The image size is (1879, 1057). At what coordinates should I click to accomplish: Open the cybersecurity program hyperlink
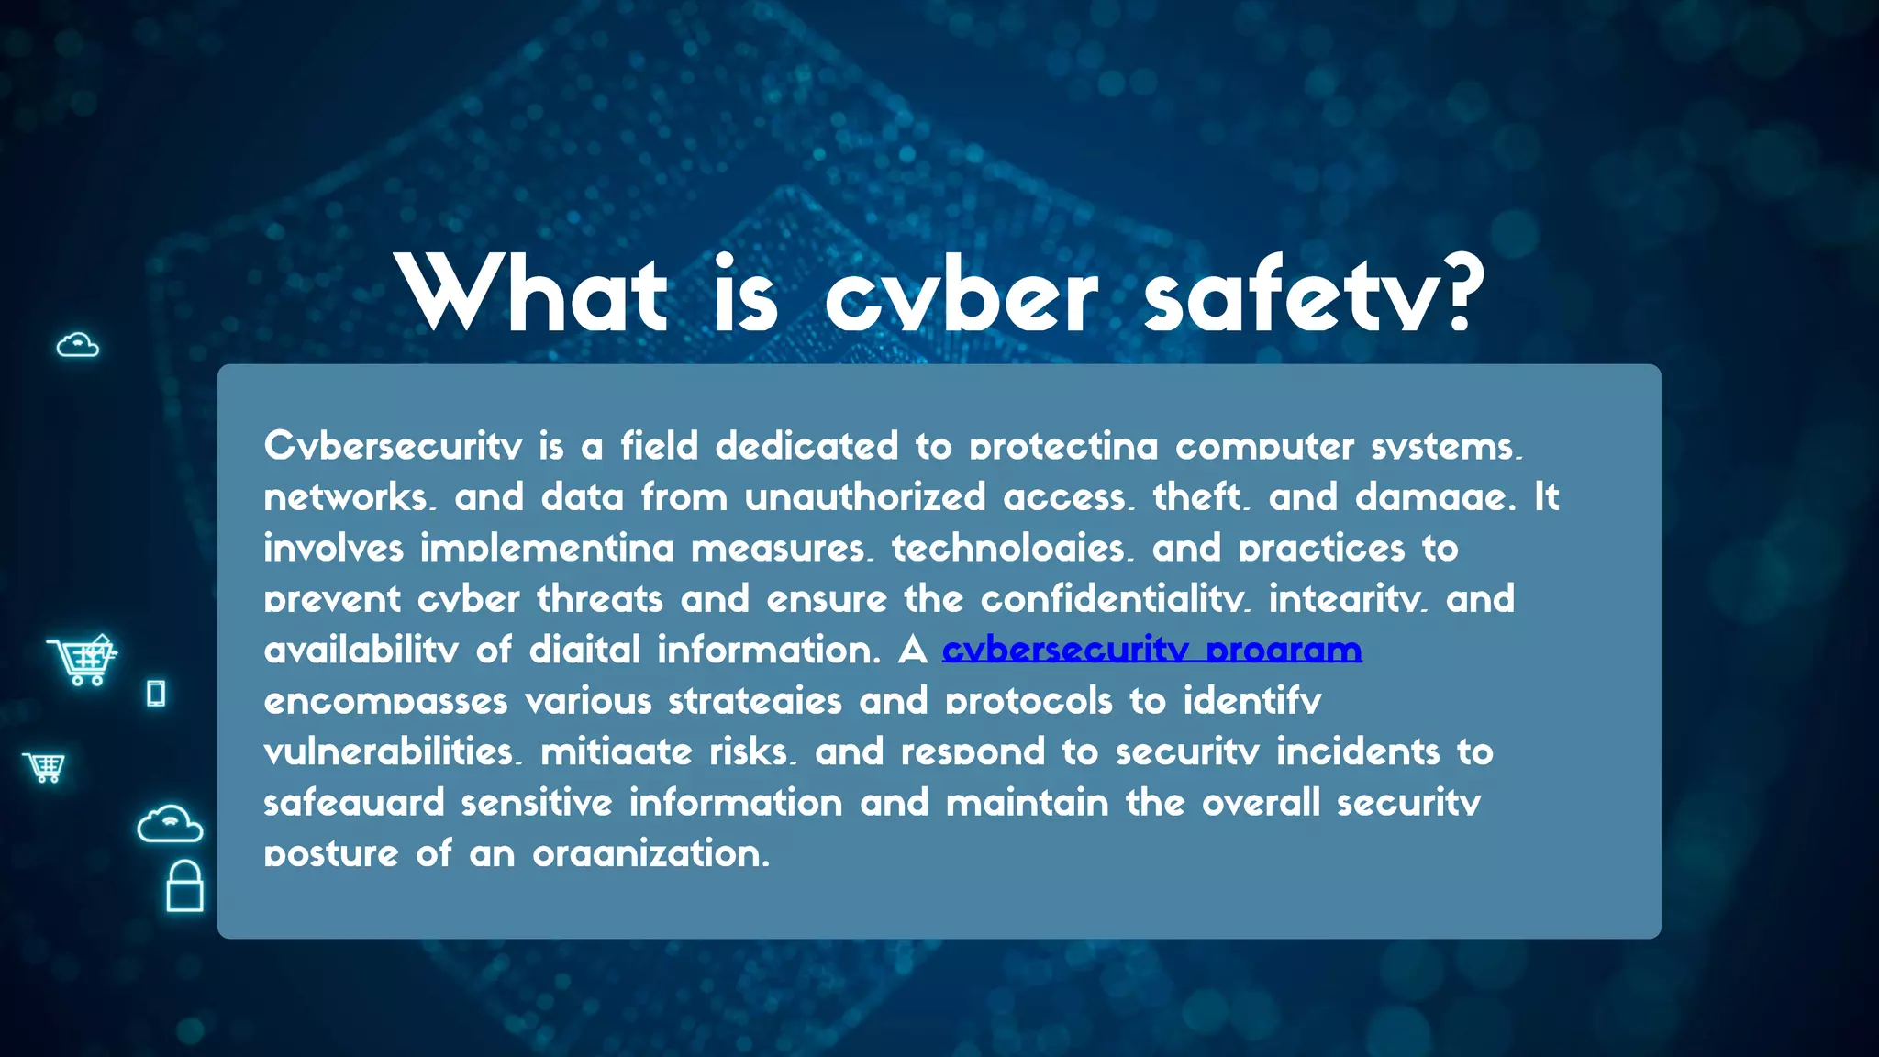(x=1151, y=650)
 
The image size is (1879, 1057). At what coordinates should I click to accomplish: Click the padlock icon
(x=184, y=886)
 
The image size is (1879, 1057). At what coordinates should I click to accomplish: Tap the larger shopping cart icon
(x=83, y=660)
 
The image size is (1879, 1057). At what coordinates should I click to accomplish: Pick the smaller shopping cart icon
(x=44, y=767)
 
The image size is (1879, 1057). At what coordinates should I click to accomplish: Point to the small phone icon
(x=156, y=693)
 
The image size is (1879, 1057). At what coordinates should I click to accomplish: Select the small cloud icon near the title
(x=77, y=345)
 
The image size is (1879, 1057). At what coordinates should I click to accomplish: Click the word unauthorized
(x=864, y=497)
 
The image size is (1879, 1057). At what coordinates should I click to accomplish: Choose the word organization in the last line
(x=650, y=854)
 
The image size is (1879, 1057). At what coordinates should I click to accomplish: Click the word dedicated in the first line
(x=806, y=447)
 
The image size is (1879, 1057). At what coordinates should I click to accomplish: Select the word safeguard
(x=354, y=803)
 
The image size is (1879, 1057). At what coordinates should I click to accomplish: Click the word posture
(x=331, y=854)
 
